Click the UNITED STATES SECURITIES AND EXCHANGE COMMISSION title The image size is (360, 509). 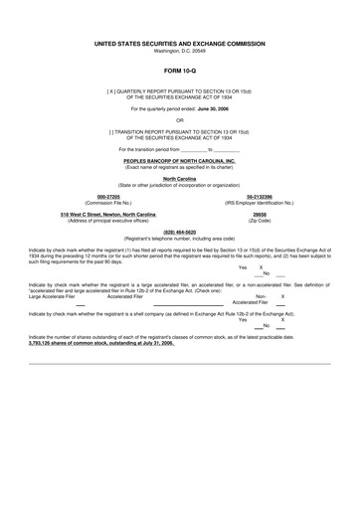pos(179,45)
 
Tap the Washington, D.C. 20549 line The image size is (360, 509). pos(179,52)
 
